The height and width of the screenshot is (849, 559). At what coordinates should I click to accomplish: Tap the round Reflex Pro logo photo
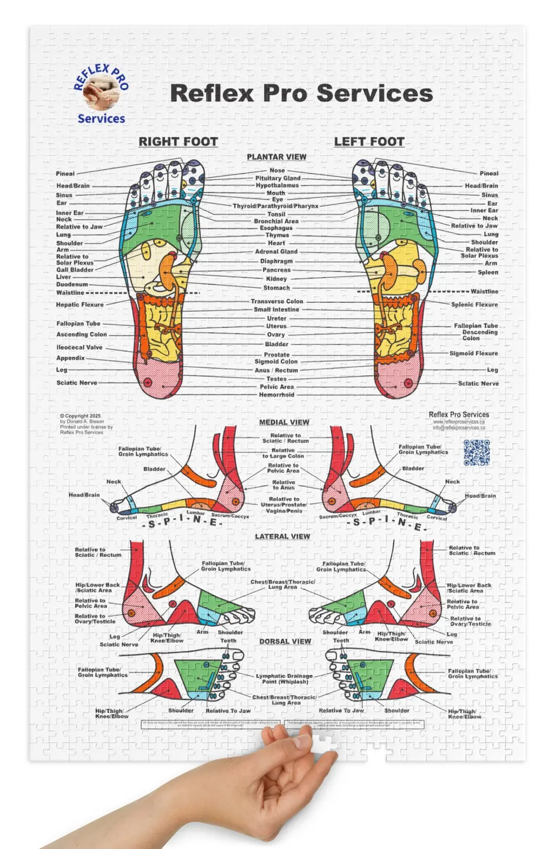pyautogui.click(x=100, y=93)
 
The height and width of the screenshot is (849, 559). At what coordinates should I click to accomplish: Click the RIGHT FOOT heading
pyautogui.click(x=178, y=141)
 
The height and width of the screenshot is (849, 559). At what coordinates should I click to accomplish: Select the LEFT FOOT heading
pyautogui.click(x=369, y=141)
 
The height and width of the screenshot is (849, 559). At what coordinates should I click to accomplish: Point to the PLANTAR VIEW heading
pyautogui.click(x=277, y=157)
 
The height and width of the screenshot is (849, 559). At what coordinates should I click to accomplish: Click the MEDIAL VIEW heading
pyautogui.click(x=284, y=422)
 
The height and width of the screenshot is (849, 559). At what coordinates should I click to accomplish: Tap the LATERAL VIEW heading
pyautogui.click(x=282, y=537)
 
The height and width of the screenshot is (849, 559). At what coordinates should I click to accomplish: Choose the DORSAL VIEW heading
pyautogui.click(x=285, y=642)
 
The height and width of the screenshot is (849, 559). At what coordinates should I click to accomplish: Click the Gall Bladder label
pyautogui.click(x=75, y=270)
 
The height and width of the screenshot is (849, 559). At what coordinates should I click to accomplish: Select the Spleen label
pyautogui.click(x=488, y=272)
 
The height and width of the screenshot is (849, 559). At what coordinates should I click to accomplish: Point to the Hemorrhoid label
pyautogui.click(x=277, y=395)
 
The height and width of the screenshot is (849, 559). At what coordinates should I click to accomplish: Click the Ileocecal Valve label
pyautogui.click(x=79, y=347)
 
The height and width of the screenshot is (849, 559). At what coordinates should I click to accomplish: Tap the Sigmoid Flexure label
pyautogui.click(x=473, y=354)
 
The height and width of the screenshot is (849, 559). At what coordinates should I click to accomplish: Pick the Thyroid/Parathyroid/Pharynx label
pyautogui.click(x=275, y=206)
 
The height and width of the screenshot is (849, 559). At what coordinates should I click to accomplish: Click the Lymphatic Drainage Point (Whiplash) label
pyautogui.click(x=285, y=679)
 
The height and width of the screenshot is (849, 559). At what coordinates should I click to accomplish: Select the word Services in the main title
pyautogui.click(x=375, y=93)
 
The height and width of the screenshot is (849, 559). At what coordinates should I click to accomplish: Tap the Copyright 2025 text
pyautogui.click(x=80, y=416)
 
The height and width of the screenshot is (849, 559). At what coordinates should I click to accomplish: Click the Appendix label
pyautogui.click(x=71, y=358)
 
